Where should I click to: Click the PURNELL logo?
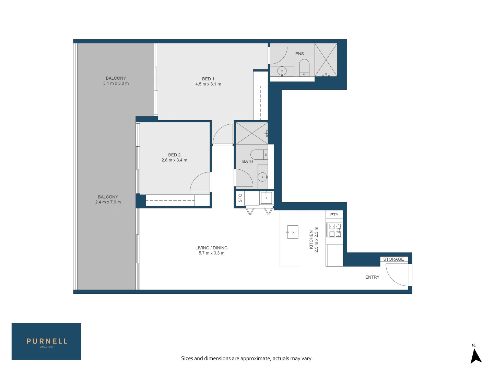coord(46,341)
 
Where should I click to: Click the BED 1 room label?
coord(208,79)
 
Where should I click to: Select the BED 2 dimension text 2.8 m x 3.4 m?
coord(174,160)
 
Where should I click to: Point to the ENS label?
coord(299,54)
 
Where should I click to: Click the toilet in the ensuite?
coord(304,67)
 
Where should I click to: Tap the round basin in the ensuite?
coord(282,71)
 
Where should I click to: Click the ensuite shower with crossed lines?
coord(326,60)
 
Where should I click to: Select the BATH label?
coord(247,161)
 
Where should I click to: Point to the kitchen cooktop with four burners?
coord(334,230)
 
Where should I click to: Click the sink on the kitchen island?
coord(293,232)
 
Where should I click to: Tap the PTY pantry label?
coord(334,215)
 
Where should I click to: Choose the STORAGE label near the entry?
coord(393,259)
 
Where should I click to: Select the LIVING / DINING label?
coord(211,248)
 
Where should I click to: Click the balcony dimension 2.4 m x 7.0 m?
coord(108,202)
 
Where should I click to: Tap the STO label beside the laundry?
coord(240,198)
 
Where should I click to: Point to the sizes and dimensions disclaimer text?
coord(247,358)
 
